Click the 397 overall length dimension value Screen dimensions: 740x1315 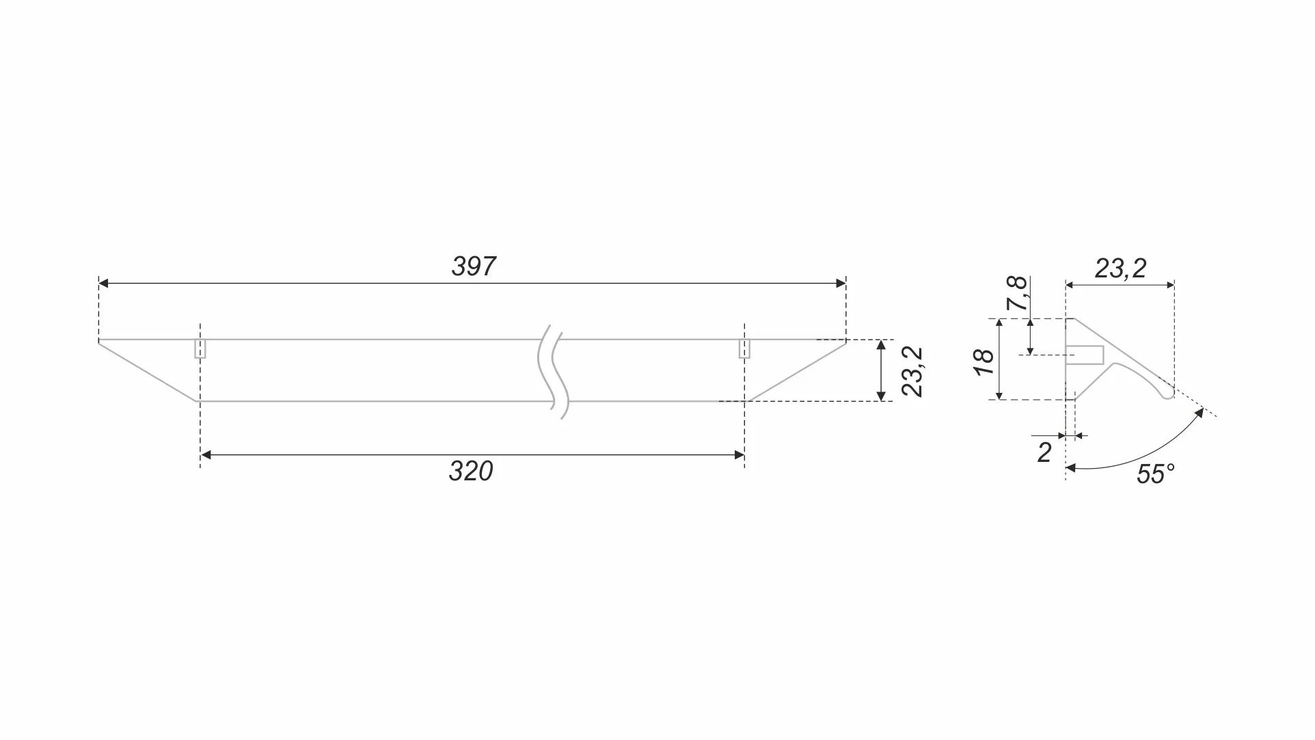point(473,266)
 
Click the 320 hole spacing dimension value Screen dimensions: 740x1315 point(470,471)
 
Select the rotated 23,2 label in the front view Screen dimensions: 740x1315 point(913,371)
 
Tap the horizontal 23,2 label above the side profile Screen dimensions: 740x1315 point(1120,269)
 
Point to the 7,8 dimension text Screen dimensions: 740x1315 point(1018,293)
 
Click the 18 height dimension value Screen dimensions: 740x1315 point(985,361)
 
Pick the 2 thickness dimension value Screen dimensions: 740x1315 point(1044,453)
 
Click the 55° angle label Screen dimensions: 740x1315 point(1155,474)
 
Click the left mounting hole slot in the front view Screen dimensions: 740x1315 point(200,348)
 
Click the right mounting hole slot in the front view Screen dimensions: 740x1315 point(744,348)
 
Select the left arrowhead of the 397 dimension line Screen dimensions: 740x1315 point(104,283)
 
